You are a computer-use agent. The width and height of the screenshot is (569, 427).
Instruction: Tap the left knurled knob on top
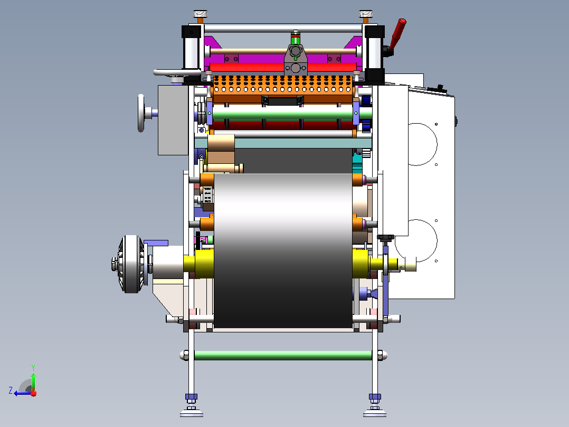pos(200,14)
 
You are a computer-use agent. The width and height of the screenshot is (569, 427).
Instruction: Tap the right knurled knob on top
pos(366,14)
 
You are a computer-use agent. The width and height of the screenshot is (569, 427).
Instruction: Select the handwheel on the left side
pos(141,113)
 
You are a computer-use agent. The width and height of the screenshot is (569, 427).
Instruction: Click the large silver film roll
pos(283,250)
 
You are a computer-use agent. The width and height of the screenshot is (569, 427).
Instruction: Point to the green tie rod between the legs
pos(283,356)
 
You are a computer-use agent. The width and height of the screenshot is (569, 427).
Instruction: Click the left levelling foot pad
pos(192,413)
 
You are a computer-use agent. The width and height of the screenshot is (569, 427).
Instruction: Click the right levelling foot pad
pos(375,413)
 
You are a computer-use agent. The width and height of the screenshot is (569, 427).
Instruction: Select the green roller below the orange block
pos(283,114)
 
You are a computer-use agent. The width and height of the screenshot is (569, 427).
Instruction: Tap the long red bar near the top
pos(283,67)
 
